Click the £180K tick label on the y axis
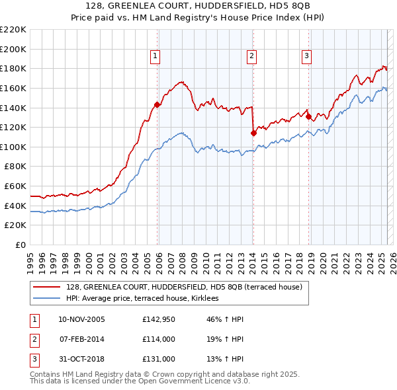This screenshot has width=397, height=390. (x=14, y=68)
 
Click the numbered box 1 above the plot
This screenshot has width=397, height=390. (x=155, y=57)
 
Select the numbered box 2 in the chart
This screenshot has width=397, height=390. (x=252, y=57)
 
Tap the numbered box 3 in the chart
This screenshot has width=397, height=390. (x=307, y=57)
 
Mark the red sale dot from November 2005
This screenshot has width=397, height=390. (x=157, y=104)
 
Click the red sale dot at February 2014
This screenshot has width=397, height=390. (x=253, y=133)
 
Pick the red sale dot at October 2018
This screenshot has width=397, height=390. (x=309, y=116)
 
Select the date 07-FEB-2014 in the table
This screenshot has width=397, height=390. (x=81, y=339)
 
